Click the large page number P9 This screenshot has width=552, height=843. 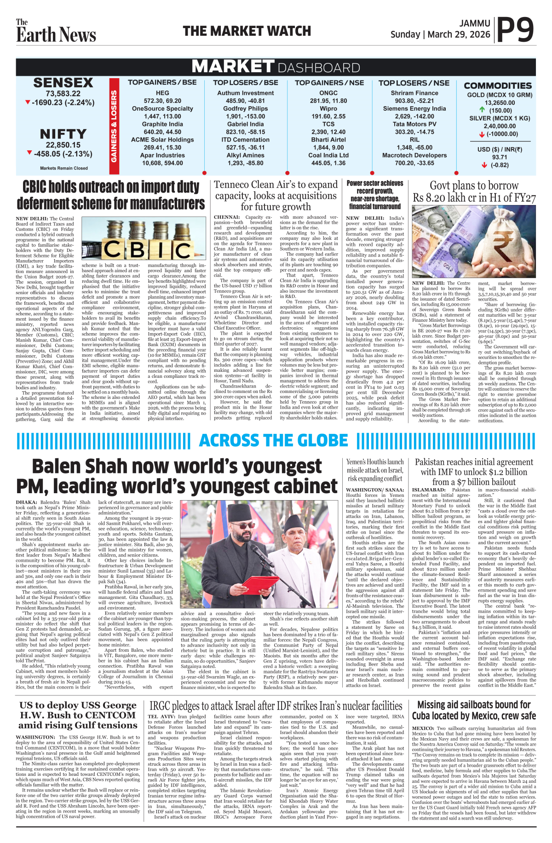516,30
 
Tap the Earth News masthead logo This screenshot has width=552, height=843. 56,31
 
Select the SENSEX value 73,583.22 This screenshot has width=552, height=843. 63,94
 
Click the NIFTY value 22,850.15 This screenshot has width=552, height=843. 63,145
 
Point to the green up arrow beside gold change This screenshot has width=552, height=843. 482,110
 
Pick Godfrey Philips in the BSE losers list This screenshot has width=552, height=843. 245,108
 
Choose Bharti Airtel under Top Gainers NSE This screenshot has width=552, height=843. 328,140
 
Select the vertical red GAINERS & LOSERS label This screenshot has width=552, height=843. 114,126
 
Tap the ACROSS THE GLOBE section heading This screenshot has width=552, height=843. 273,441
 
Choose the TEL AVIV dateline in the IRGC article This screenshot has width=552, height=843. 161,717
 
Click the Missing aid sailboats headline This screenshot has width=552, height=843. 474,710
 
